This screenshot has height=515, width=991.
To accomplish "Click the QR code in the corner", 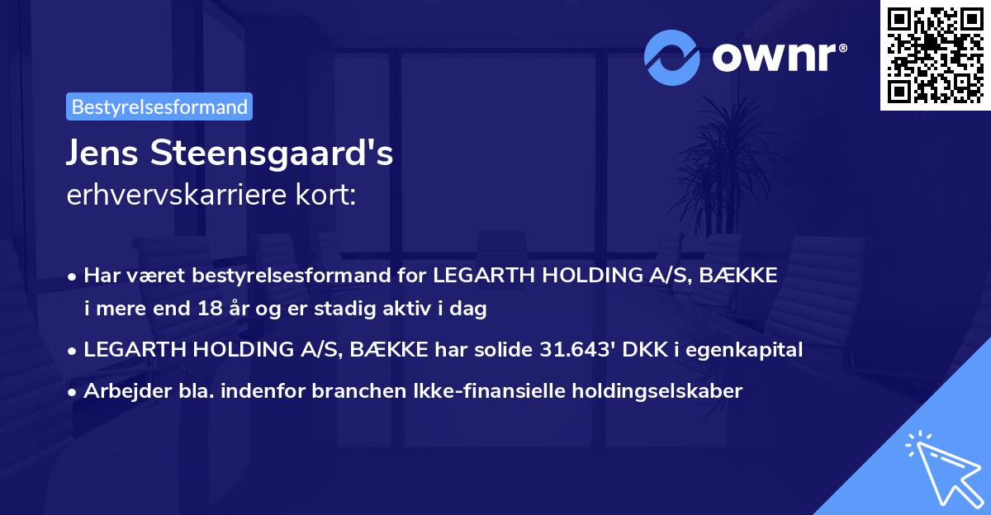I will point(935,54).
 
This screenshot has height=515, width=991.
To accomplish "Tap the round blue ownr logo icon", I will point(672,58).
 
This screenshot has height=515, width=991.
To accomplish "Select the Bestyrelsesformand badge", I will point(159,106).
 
